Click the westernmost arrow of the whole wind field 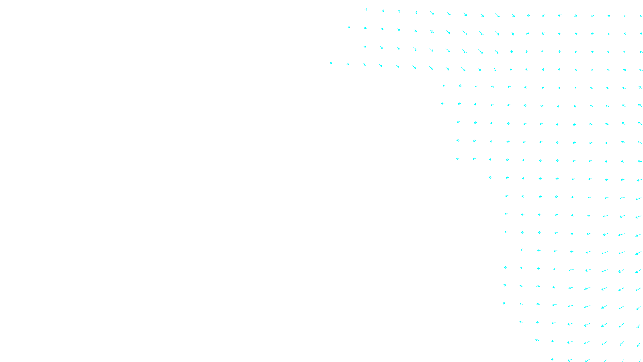click(x=331, y=63)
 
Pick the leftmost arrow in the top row click(x=366, y=9)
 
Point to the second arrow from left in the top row click(x=383, y=10)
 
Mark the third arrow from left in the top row click(x=399, y=11)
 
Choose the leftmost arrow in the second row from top click(x=349, y=27)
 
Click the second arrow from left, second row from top click(x=365, y=28)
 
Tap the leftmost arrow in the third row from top click(x=365, y=46)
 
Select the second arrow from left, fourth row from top click(x=348, y=64)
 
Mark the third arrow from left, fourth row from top click(x=365, y=64)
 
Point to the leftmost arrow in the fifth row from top click(x=444, y=85)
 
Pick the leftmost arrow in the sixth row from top click(x=443, y=103)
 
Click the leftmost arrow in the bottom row click(x=553, y=359)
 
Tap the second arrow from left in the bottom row click(x=570, y=360)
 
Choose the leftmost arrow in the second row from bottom click(x=537, y=340)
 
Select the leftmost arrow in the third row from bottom click(x=520, y=322)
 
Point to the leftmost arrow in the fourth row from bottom click(x=504, y=304)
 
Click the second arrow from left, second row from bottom click(x=553, y=341)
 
